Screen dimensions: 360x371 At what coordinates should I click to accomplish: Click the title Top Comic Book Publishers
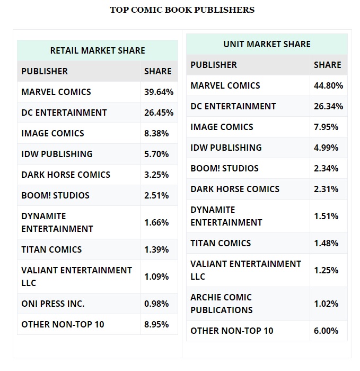pos(182,10)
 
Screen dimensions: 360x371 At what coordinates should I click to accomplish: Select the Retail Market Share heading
pos(98,50)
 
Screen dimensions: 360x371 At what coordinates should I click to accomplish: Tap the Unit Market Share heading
pos(267,44)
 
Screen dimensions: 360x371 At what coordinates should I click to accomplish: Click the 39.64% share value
pos(159,92)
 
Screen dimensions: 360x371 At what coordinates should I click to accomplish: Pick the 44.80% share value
pos(328,85)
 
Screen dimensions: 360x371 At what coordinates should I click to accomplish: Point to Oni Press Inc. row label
pos(53,304)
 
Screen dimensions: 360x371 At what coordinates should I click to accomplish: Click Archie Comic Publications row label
pos(222,304)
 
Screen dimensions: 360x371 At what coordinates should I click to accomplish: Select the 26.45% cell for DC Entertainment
pos(159,113)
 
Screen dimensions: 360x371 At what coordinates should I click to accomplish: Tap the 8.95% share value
pos(156,324)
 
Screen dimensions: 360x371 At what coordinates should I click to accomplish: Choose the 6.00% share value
pos(326,331)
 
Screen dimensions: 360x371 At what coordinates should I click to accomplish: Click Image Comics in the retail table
pos(52,133)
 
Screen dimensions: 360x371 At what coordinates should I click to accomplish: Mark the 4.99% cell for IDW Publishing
pos(326,148)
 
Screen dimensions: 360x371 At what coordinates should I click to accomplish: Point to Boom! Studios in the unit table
pos(225,168)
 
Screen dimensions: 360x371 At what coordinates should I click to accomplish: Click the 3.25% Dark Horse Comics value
pos(156,175)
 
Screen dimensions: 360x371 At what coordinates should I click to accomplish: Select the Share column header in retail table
pos(158,71)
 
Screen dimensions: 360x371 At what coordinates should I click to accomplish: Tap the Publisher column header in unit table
pos(214,65)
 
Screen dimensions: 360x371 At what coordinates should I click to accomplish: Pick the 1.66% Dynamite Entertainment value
pos(156,222)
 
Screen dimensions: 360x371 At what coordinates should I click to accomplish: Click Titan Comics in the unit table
pos(221,243)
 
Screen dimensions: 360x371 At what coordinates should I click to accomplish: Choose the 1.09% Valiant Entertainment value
pos(156,277)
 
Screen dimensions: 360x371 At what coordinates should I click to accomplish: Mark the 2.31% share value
pos(326,189)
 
